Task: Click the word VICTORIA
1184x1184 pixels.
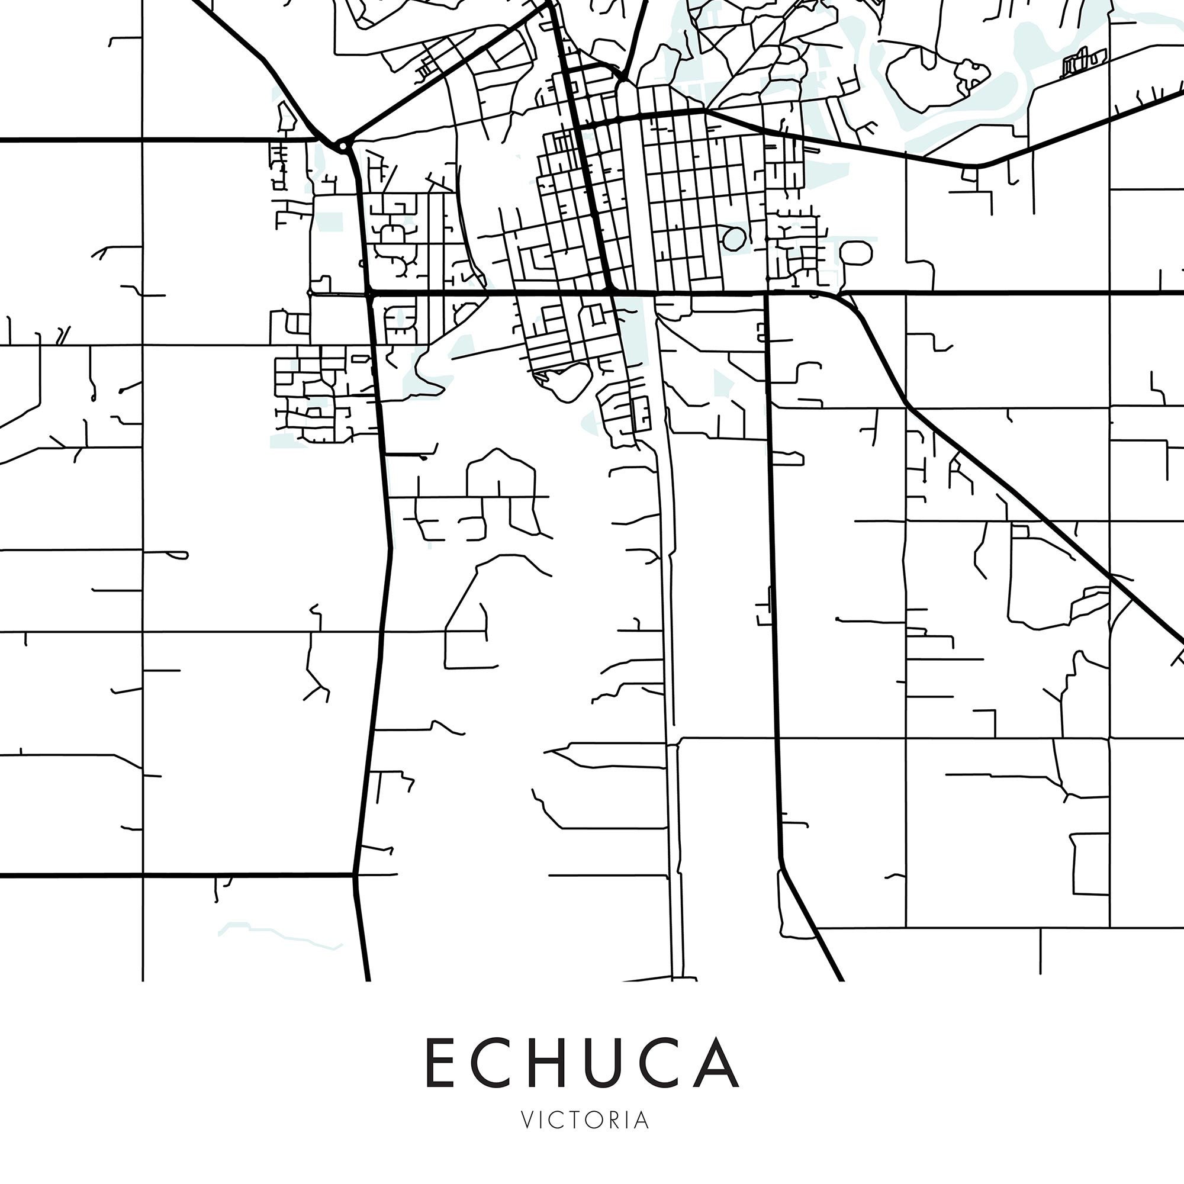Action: coord(585,1120)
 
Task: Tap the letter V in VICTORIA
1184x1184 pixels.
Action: coord(527,1120)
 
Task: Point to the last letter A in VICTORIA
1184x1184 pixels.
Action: coord(641,1120)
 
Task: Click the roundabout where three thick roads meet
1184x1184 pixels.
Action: coord(342,146)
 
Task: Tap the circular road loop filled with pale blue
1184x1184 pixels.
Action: coord(733,239)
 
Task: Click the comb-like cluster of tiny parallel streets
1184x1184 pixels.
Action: coord(1085,62)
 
